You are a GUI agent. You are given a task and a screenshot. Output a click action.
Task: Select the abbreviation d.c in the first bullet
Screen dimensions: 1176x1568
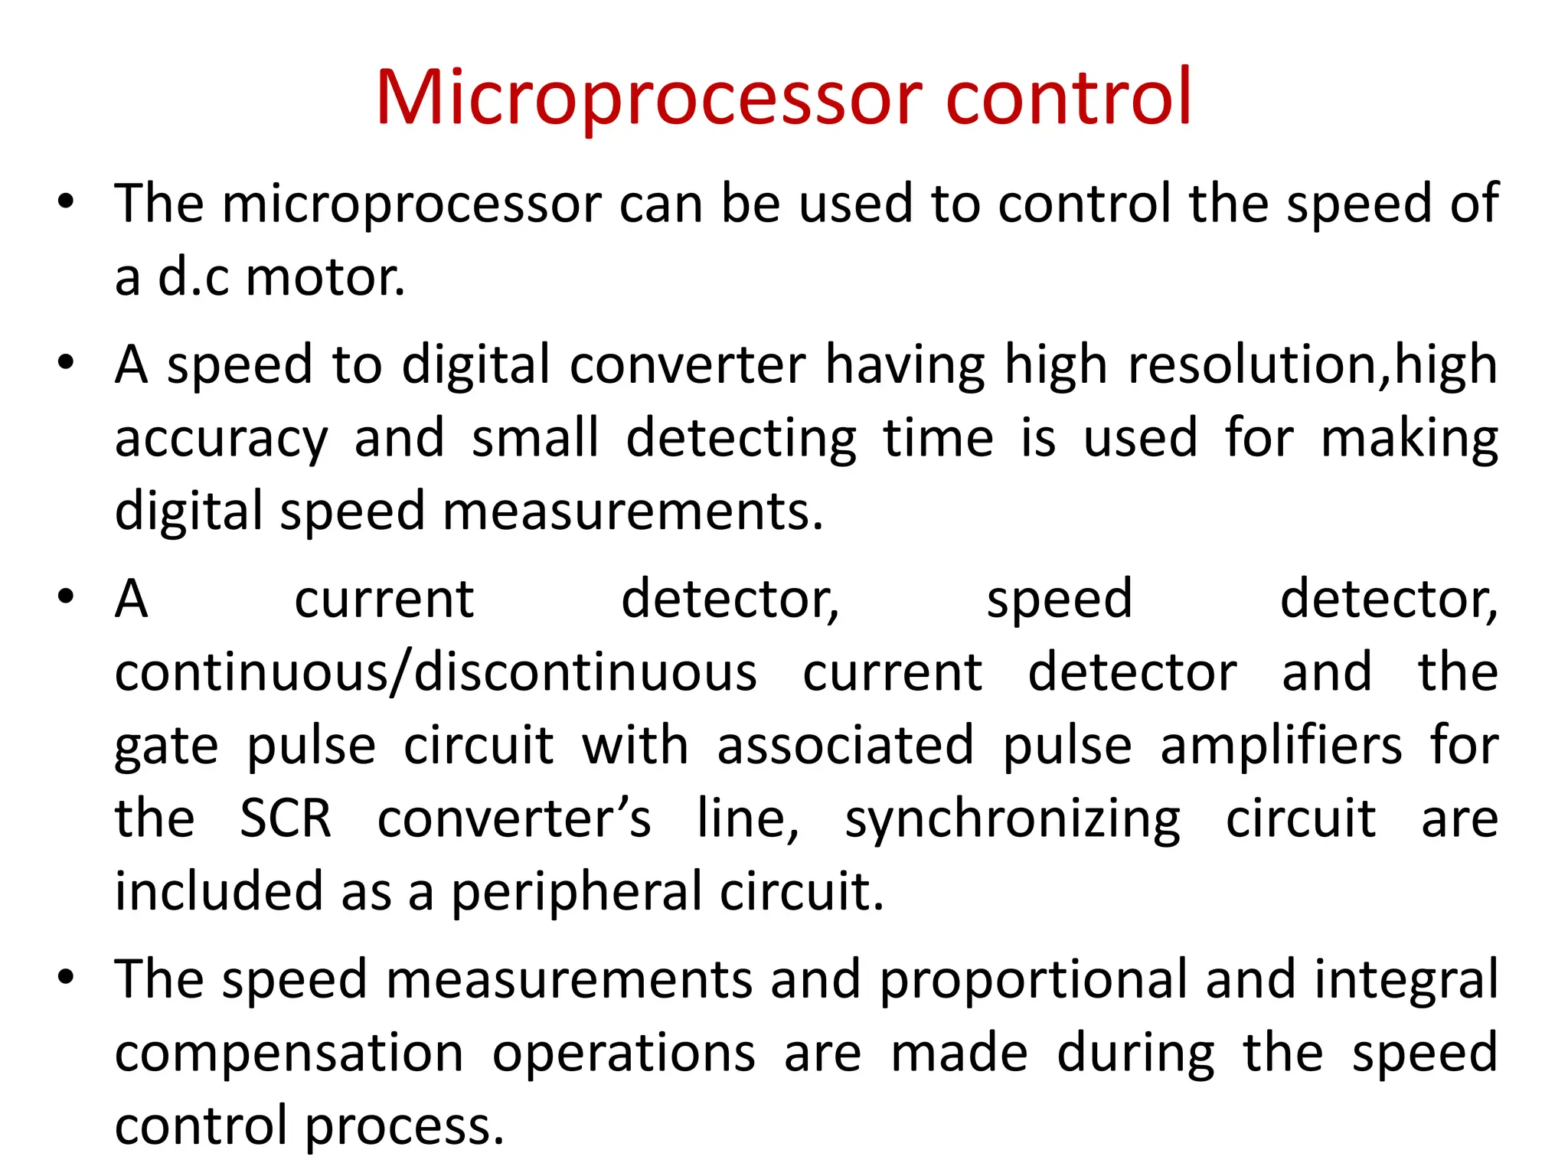coord(193,277)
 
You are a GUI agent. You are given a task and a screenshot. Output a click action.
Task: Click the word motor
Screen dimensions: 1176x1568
coord(325,277)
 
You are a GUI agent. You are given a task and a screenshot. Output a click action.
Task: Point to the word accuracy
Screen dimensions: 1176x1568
coord(221,439)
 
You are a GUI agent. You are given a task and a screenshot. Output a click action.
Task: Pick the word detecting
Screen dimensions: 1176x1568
coord(741,439)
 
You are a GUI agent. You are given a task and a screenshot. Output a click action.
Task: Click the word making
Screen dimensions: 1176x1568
coord(1410,439)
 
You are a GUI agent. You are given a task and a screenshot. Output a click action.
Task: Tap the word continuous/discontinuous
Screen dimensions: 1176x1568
coord(436,672)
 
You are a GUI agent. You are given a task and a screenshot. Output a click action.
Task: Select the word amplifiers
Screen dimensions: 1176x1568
coord(1282,746)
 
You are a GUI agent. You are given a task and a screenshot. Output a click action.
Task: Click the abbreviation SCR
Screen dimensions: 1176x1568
coord(286,818)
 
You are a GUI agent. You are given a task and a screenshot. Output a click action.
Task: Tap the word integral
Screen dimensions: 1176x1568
coord(1406,980)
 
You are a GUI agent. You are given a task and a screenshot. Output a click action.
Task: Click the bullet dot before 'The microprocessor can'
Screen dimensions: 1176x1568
coord(67,202)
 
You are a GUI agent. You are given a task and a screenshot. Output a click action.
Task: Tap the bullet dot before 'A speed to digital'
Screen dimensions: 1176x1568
coord(67,363)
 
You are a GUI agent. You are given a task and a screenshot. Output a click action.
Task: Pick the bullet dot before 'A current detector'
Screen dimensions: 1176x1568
coord(67,597)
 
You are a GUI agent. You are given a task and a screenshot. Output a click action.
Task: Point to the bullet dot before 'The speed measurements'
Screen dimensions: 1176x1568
coord(67,978)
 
